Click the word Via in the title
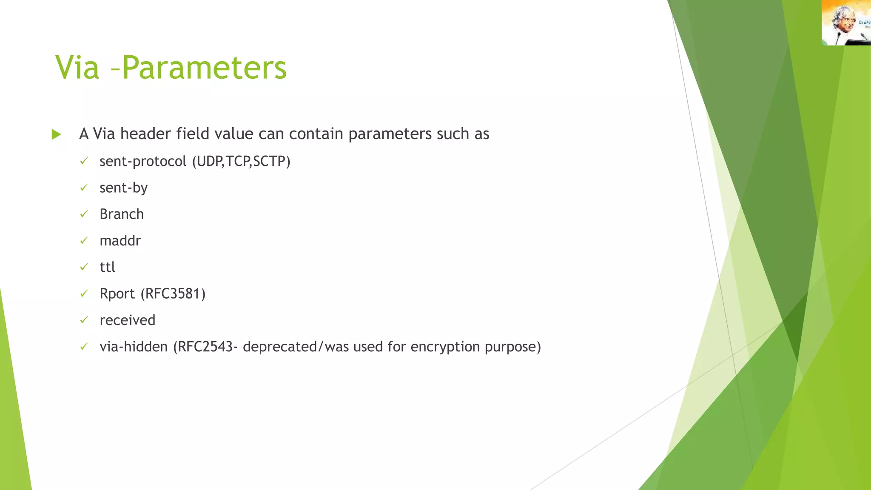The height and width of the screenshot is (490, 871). click(x=77, y=68)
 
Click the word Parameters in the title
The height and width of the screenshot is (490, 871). click(x=205, y=68)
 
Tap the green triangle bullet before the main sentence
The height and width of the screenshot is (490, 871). click(x=56, y=135)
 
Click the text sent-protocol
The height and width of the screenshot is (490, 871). click(x=143, y=162)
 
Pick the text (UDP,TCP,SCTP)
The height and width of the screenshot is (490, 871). click(x=241, y=162)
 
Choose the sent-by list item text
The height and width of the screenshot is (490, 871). click(x=123, y=188)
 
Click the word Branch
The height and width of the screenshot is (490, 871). click(x=122, y=214)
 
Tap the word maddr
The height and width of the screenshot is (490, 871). click(x=120, y=241)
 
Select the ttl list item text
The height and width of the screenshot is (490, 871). click(x=107, y=267)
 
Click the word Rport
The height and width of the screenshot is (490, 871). click(x=117, y=294)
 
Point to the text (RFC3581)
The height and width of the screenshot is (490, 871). click(x=173, y=294)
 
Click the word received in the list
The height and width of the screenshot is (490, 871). click(x=127, y=320)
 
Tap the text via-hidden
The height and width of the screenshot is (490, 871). click(x=134, y=347)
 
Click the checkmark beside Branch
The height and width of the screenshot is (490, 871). click(x=84, y=214)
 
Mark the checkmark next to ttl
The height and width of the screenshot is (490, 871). click(x=84, y=267)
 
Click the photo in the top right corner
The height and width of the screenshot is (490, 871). click(x=846, y=23)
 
